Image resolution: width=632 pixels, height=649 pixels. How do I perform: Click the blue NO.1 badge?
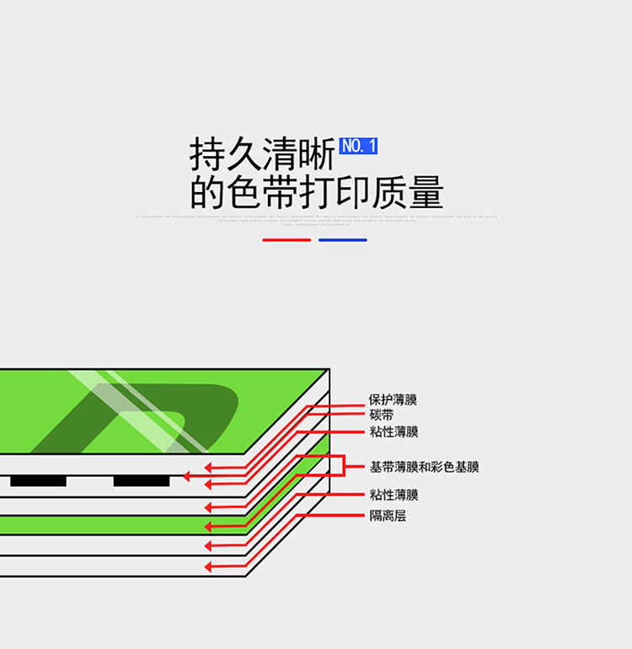[359, 146]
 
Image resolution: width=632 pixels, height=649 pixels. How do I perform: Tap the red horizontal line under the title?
[287, 240]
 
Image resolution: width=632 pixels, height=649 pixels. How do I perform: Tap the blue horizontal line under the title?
[342, 240]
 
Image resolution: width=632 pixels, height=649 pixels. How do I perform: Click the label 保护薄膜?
[393, 400]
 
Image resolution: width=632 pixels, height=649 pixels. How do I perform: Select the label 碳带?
[381, 416]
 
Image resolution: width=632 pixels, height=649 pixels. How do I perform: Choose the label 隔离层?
[388, 516]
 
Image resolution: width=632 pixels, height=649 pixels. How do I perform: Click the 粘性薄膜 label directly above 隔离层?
[393, 496]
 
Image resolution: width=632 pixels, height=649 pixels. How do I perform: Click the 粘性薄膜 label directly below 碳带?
[393, 432]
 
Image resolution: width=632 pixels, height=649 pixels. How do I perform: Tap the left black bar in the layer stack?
[38, 480]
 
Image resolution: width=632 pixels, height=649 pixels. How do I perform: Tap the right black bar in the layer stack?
[142, 480]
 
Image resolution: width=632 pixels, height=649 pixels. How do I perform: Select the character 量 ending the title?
[426, 194]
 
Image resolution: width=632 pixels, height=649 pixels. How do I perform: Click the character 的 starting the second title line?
[206, 194]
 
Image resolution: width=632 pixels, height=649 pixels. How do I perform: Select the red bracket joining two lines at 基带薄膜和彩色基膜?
[343, 467]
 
